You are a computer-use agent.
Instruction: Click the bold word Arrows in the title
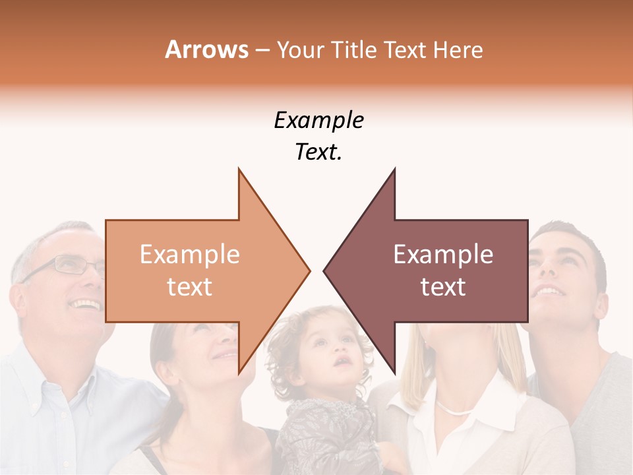[x=207, y=49]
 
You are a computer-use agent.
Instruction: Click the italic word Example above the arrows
[x=318, y=121]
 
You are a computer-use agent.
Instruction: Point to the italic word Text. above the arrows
[x=318, y=152]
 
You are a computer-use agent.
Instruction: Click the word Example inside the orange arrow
[x=190, y=254]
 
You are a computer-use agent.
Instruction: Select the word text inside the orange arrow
[x=190, y=287]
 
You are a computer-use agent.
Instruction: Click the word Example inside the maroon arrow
[x=443, y=254]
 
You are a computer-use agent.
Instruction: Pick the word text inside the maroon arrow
[x=443, y=287]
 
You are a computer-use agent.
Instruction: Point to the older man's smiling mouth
[x=86, y=305]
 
